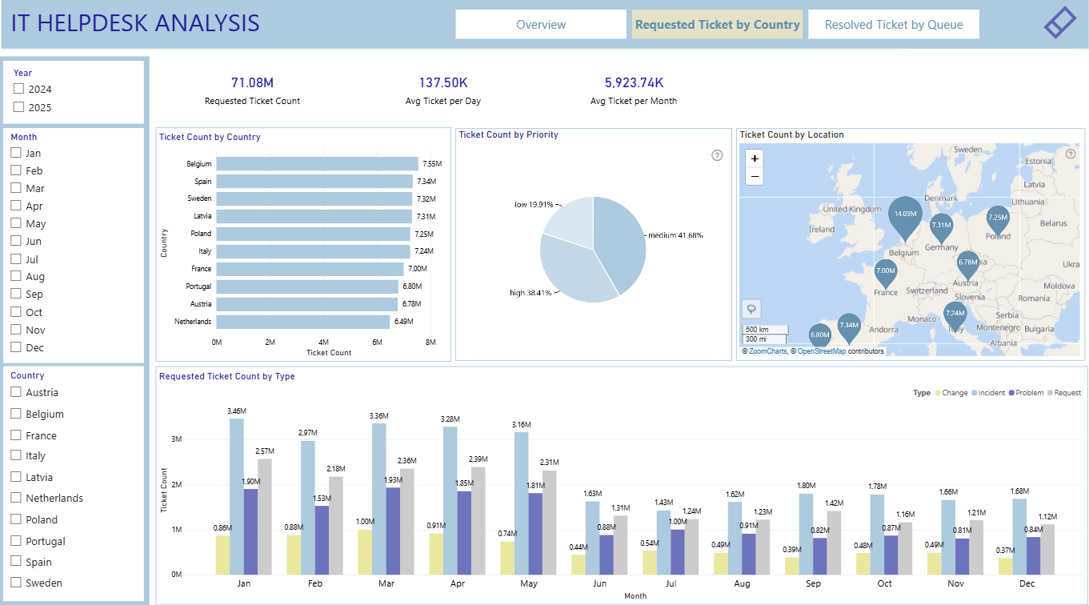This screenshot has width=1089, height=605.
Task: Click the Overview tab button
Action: click(541, 24)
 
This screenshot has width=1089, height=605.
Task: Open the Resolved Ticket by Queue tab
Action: click(894, 24)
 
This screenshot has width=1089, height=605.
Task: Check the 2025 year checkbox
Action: click(18, 107)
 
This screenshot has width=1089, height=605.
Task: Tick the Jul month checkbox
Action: click(16, 258)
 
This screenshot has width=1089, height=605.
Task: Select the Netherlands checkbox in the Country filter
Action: click(16, 498)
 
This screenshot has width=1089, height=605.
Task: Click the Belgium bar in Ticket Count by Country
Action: click(317, 164)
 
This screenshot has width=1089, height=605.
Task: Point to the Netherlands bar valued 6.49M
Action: click(303, 322)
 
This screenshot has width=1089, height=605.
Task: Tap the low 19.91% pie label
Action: click(534, 205)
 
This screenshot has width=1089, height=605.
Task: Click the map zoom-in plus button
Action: click(755, 158)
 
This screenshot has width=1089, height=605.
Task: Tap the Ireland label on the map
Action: click(822, 229)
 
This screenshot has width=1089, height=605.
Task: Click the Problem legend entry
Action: click(1026, 392)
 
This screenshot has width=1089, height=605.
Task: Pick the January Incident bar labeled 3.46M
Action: click(237, 496)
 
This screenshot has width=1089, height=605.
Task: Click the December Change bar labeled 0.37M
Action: click(1005, 566)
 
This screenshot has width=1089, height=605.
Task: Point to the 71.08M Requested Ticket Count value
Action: click(252, 82)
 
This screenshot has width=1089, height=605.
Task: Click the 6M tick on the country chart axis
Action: click(377, 342)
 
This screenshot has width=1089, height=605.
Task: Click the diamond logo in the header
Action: click(1060, 22)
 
